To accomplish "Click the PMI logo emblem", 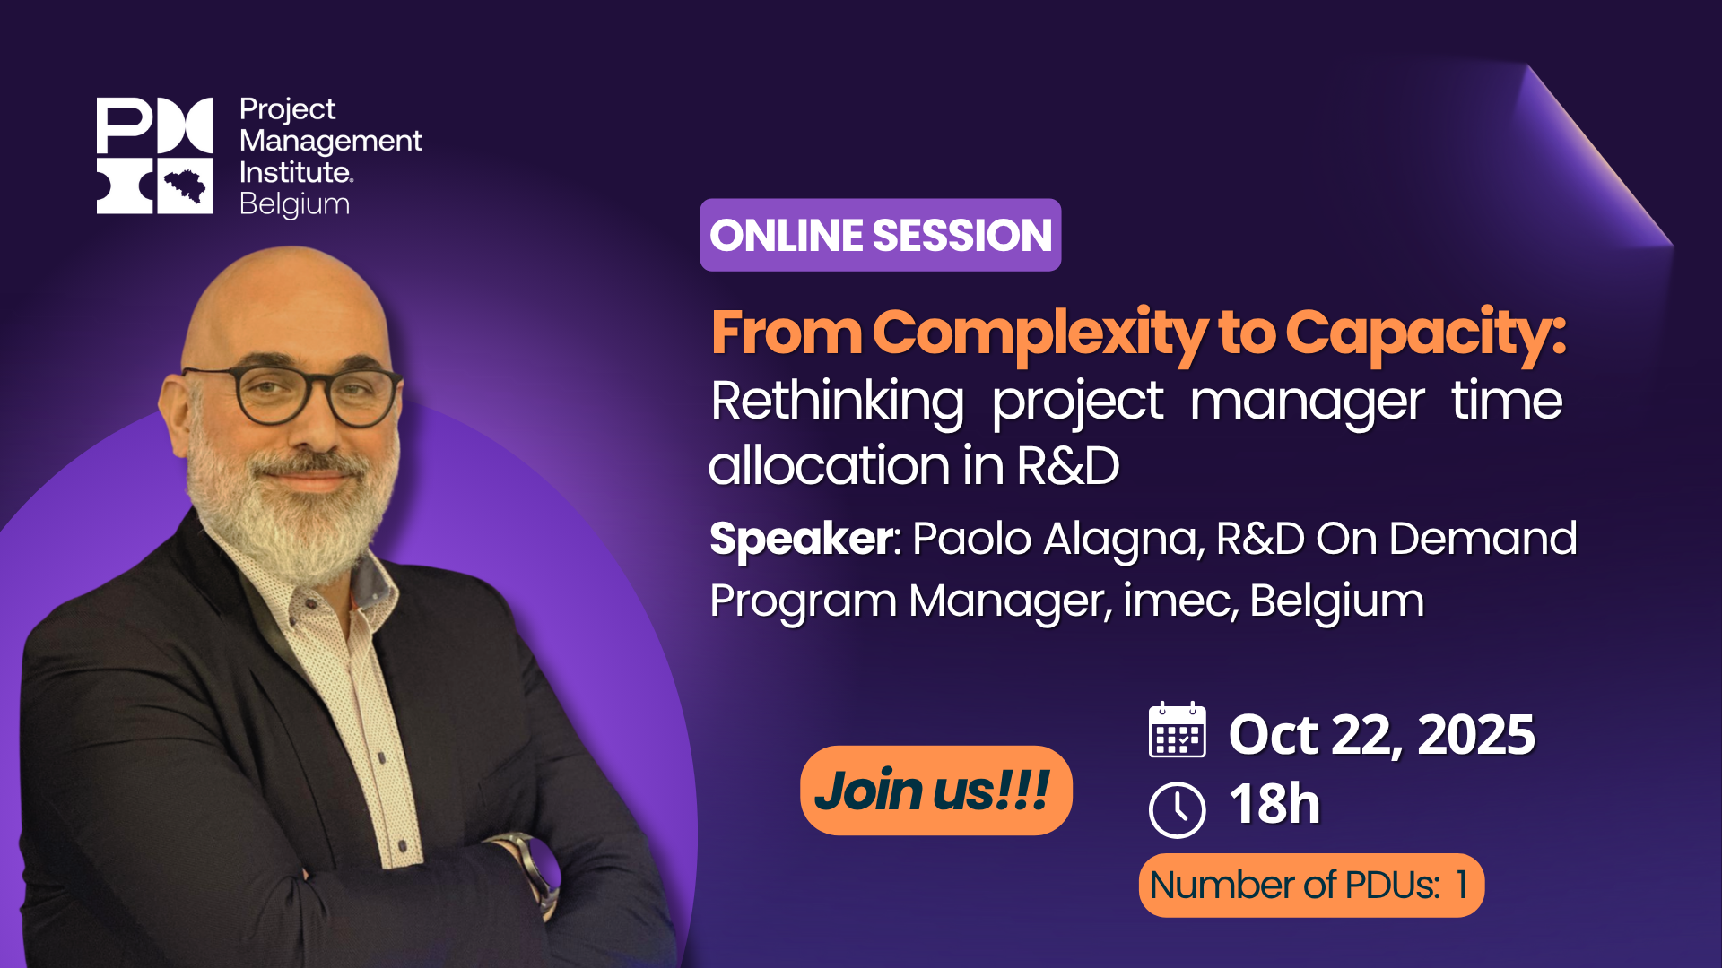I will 155,155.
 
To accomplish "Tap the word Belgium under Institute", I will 294,204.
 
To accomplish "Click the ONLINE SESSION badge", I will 880,235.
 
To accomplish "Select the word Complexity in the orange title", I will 1040,333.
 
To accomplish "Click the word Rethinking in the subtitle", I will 837,401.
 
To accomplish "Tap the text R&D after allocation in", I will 1068,466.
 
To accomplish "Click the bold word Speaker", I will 801,539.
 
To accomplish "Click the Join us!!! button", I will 935,791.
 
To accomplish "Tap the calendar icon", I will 1177,731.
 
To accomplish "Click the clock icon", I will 1177,809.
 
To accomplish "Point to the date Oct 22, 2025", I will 1381,735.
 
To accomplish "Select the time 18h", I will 1274,804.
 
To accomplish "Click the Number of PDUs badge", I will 1310,885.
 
